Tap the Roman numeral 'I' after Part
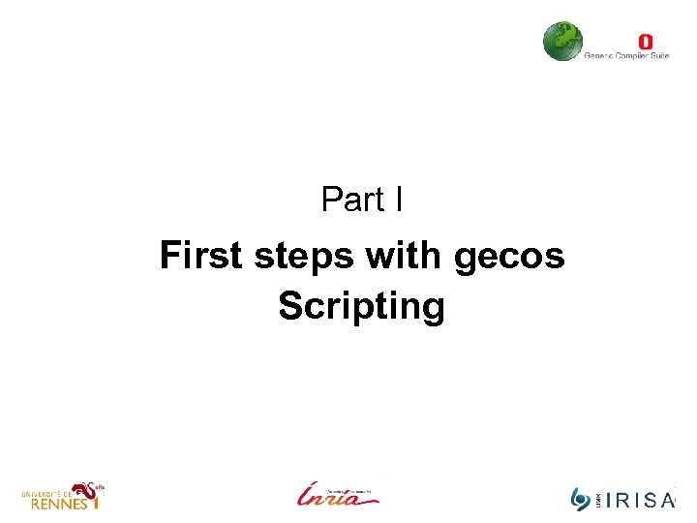[398, 200]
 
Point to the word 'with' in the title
[404, 257]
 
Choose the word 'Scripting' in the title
[361, 307]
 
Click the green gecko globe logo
[561, 41]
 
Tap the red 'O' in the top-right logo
[646, 42]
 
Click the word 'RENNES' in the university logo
[54, 504]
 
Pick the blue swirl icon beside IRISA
[581, 499]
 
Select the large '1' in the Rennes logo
[94, 503]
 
